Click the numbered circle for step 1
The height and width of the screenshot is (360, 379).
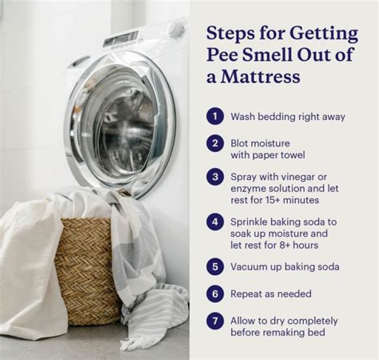pyautogui.click(x=215, y=117)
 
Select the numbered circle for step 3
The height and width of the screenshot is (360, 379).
pyautogui.click(x=215, y=177)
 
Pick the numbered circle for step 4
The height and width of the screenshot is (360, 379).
pyautogui.click(x=215, y=222)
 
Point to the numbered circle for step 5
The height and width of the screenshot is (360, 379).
pyautogui.click(x=215, y=266)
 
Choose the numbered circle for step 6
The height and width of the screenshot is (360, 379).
pyautogui.click(x=215, y=294)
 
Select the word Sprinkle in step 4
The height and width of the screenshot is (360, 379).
pyautogui.click(x=249, y=222)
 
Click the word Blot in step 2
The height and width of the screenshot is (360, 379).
pyautogui.click(x=240, y=143)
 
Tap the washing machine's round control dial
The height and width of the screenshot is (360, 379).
pyautogui.click(x=175, y=29)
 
